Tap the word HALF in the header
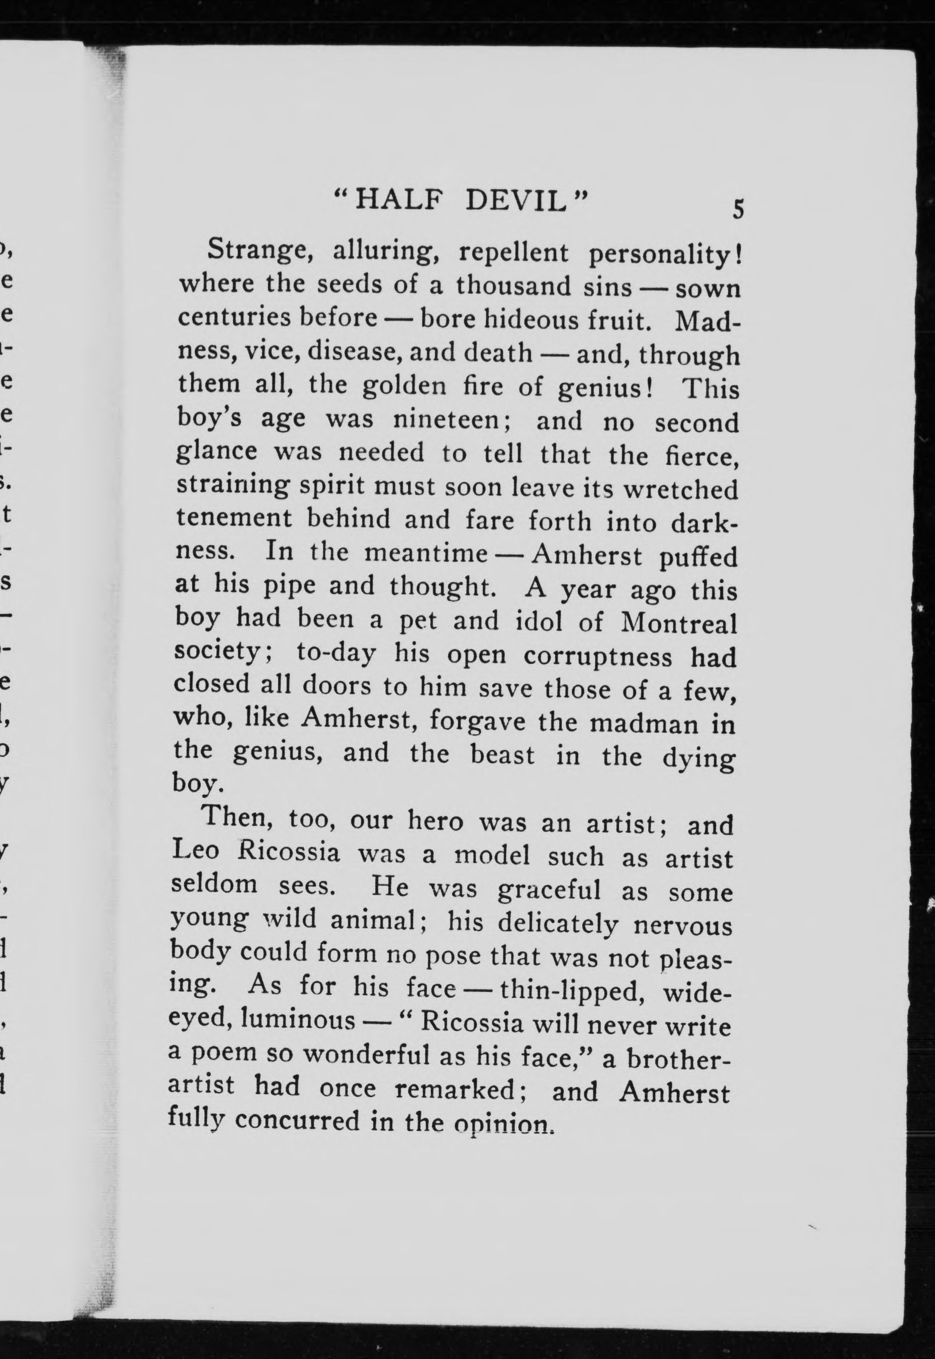pos(396,202)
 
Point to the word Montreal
pos(679,623)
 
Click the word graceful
pos(549,890)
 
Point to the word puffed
pos(698,557)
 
